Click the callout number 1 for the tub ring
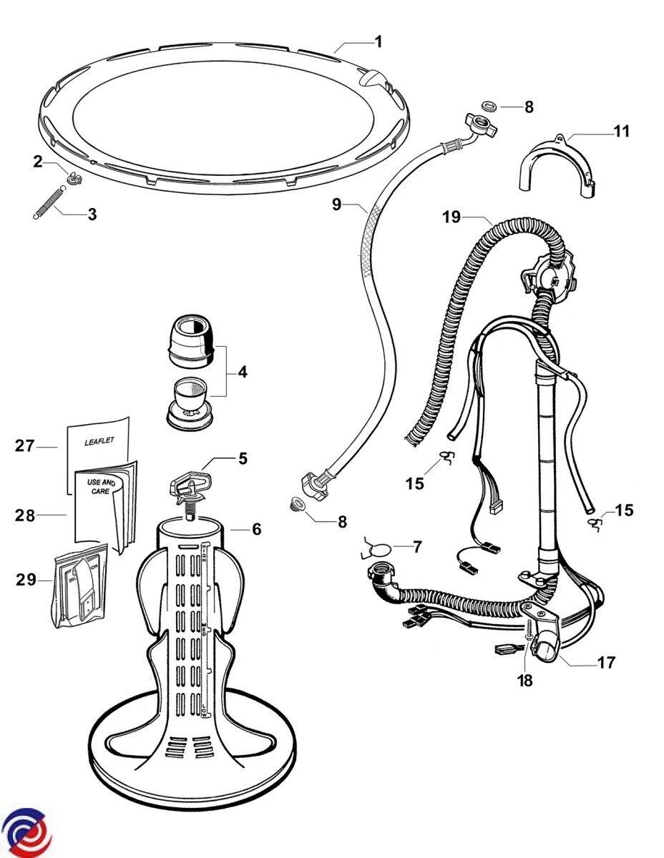(379, 41)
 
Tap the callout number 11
(620, 131)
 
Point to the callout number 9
(336, 204)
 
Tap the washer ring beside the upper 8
(490, 107)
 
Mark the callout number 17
(606, 662)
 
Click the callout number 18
(525, 680)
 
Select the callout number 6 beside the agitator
(256, 529)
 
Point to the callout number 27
(25, 446)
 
